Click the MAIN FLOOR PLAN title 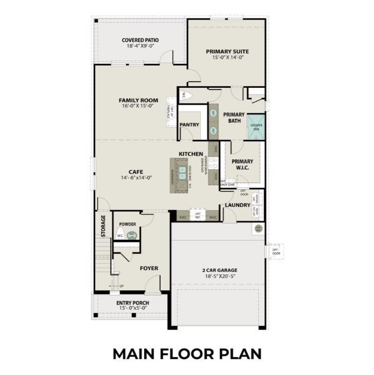tap(187, 354)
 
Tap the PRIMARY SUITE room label tap(227, 51)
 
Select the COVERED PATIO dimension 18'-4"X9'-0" tap(140, 46)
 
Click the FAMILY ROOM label tap(138, 100)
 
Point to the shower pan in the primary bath tap(256, 127)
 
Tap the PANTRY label tap(189, 125)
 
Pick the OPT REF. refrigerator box tap(198, 215)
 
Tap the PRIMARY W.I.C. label tap(242, 164)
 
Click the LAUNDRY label tap(238, 205)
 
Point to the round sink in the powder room tap(132, 235)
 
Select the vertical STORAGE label tap(103, 226)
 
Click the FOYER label tap(149, 268)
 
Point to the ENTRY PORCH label tap(132, 303)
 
